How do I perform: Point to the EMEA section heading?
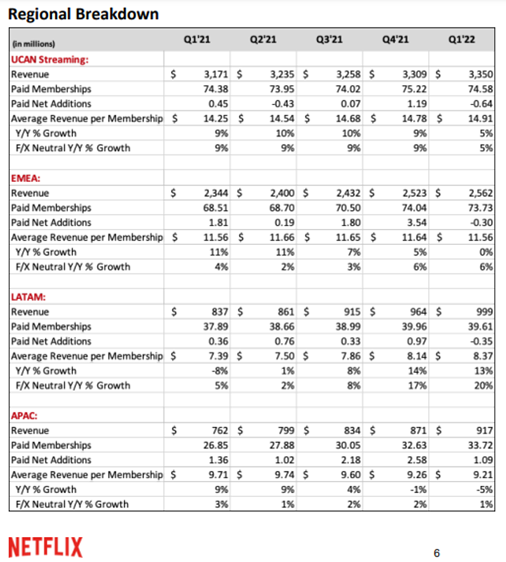click(26, 178)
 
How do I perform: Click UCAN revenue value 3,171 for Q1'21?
click(216, 74)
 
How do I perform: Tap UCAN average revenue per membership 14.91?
click(480, 118)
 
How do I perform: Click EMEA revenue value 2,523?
click(414, 193)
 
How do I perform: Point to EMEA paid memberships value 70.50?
click(348, 207)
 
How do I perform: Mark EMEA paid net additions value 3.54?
click(415, 222)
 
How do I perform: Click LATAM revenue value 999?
click(483, 311)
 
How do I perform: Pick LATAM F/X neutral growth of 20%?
click(484, 385)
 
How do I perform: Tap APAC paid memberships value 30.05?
click(348, 445)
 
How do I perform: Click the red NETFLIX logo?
click(45, 546)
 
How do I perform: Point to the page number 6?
click(437, 553)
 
